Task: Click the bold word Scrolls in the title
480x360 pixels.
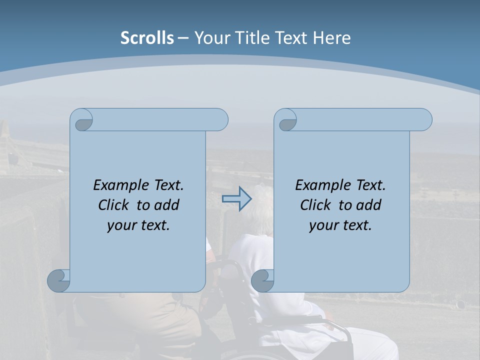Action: point(147,38)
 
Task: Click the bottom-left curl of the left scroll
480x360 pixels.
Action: point(58,280)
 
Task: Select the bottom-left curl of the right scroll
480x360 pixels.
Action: point(262,280)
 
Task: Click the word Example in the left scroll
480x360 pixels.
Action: point(120,185)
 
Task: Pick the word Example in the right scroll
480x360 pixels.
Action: point(322,185)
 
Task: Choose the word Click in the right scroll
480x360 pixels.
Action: point(315,205)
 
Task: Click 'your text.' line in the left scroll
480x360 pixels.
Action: point(138,225)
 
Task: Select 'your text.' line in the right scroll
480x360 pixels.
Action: point(340,225)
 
